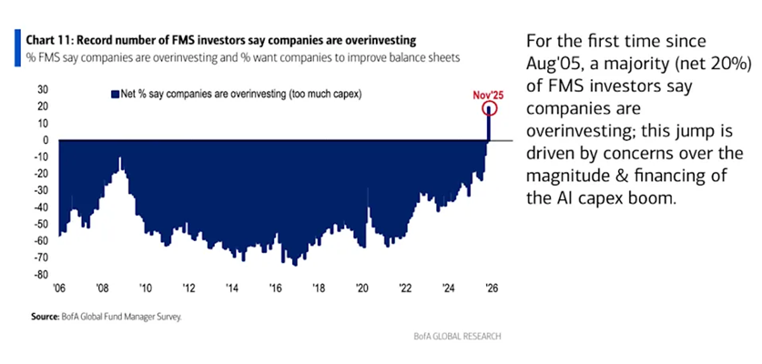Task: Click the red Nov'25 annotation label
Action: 489,94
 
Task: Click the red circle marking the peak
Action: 490,108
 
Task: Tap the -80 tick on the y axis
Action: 39,274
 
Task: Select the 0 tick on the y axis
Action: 44,140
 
